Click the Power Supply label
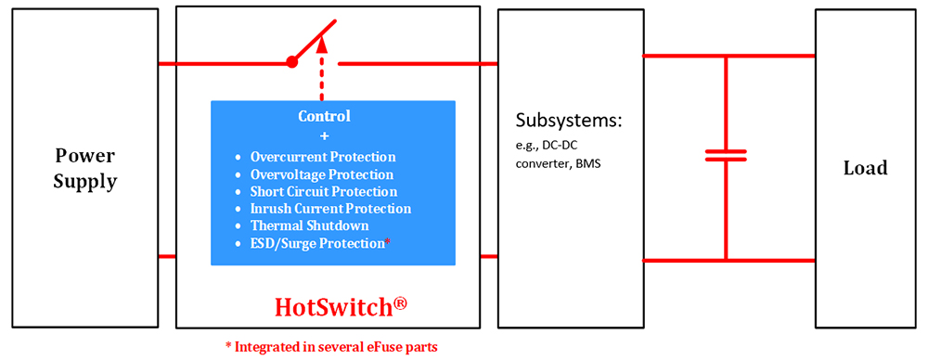click(x=85, y=169)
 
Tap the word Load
click(x=865, y=168)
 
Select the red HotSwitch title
click(x=333, y=308)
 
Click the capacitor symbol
click(x=726, y=155)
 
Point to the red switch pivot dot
click(x=291, y=62)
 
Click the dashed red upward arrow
click(x=322, y=68)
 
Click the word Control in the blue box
click(x=324, y=116)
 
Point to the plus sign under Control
click(x=324, y=136)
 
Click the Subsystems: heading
click(x=568, y=121)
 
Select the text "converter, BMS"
click(x=556, y=164)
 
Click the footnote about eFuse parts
click(x=329, y=347)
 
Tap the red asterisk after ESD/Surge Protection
click(x=388, y=240)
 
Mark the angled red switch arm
click(x=314, y=42)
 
